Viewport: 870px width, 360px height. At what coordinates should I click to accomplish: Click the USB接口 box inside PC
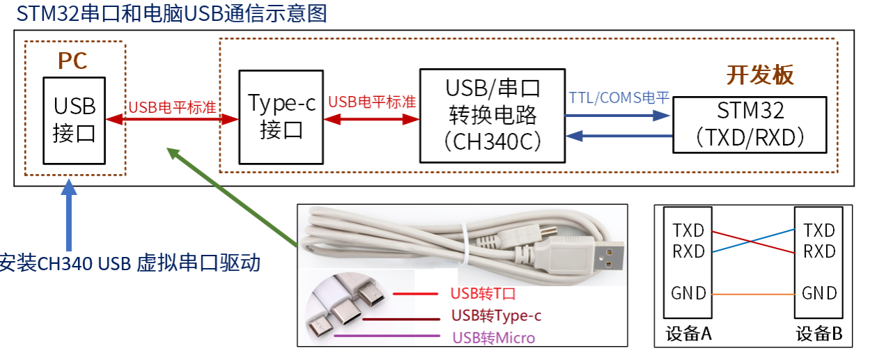point(75,119)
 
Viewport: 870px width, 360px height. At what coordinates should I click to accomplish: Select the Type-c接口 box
point(281,116)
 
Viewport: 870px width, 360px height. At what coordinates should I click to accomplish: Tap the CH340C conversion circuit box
point(492,116)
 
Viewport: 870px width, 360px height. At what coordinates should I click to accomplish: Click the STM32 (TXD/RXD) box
point(749,125)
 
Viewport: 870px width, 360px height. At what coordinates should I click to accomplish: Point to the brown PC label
point(72,61)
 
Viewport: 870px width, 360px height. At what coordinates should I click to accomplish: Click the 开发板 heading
point(760,75)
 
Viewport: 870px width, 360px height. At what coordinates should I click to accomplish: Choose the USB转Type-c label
point(496,315)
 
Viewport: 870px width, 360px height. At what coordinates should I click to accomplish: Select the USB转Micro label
point(493,338)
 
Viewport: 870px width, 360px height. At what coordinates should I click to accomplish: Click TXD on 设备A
point(688,230)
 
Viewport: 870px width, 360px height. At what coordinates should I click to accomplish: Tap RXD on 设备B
point(819,251)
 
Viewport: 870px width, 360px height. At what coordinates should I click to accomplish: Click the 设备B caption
point(819,334)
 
